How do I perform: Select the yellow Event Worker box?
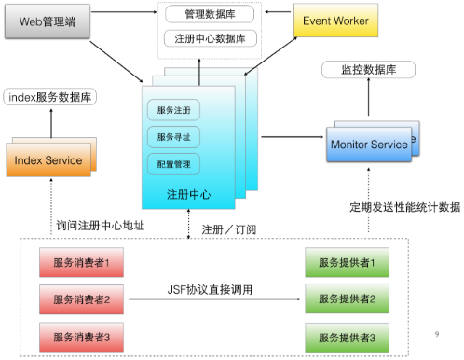coord(333,20)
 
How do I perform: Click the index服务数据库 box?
coord(50,96)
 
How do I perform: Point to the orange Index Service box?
coord(48,160)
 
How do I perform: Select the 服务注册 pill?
coord(174,111)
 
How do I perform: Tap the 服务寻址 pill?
coord(174,137)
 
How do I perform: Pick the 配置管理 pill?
coord(174,164)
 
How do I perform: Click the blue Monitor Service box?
coord(369,145)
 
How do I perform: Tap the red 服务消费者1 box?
coord(81,263)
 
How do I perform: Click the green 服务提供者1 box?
coord(347,263)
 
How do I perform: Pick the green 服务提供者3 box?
coord(347,336)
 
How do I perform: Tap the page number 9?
coord(438,334)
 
